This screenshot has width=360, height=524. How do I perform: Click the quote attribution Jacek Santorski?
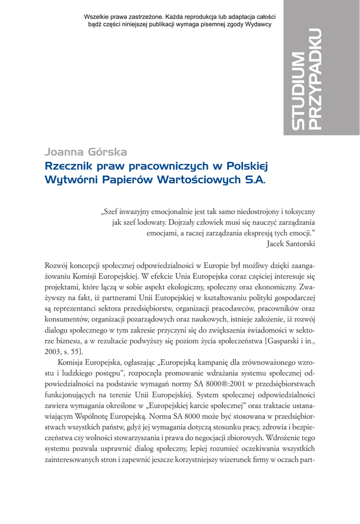[x=290, y=244]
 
